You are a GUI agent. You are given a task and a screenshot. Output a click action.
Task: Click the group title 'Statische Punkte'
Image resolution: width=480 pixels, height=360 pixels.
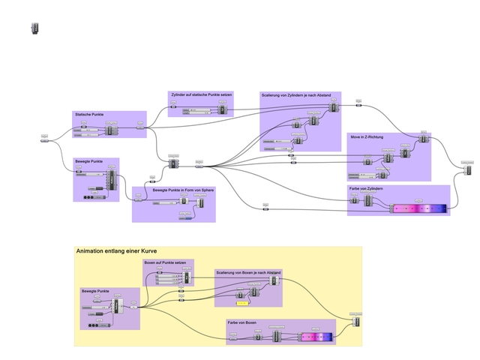89,114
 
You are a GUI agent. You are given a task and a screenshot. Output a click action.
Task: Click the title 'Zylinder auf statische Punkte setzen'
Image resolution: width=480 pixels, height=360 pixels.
200,94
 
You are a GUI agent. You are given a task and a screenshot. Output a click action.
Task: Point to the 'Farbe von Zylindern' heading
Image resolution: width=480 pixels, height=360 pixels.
366,188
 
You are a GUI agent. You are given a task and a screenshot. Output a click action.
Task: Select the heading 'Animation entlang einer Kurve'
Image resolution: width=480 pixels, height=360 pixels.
116,251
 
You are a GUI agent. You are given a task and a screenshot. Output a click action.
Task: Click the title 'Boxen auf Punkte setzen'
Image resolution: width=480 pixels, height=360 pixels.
164,262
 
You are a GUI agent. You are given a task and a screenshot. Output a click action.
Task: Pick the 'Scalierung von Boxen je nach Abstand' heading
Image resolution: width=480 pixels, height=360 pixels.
247,272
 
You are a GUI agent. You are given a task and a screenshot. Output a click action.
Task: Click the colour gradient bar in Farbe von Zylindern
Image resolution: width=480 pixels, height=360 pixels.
419,208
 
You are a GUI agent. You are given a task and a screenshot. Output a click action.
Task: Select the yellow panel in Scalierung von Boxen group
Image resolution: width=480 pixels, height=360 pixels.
242,303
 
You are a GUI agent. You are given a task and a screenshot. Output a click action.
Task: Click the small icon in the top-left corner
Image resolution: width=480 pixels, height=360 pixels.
34,28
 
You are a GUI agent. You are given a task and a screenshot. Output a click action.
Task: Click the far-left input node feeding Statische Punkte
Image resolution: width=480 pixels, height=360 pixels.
44,139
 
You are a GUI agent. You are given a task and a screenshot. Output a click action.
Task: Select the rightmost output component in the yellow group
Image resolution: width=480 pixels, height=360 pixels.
356,321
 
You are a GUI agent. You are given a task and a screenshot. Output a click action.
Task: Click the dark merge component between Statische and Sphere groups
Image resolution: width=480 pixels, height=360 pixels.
173,163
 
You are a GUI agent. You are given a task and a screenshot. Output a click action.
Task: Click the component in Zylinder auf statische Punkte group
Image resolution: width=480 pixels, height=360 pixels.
222,110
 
